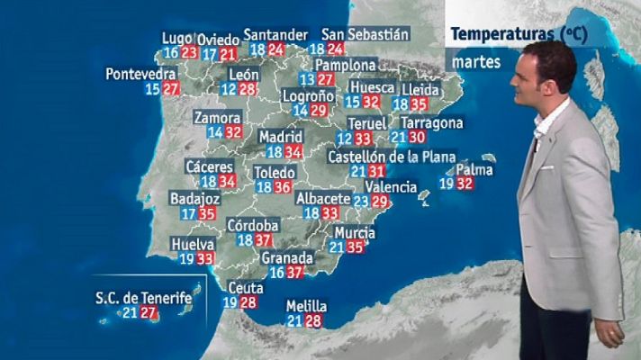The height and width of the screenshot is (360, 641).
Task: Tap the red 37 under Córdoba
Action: coord(264,240)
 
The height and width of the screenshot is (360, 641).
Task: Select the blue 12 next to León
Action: coord(228,89)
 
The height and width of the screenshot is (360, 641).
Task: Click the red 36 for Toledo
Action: coord(283,187)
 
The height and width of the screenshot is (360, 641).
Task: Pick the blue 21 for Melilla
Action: coord(295,321)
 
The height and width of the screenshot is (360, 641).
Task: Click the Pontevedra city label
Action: coord(139,73)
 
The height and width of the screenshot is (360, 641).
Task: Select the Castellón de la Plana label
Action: coord(392,156)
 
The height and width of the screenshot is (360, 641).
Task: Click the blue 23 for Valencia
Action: coord(361,202)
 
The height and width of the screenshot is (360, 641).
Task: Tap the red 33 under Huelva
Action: coord(205,259)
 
